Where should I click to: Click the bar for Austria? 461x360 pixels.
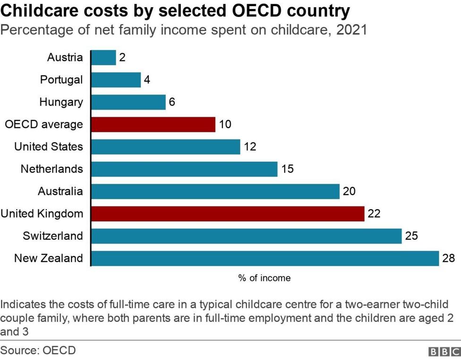point(103,58)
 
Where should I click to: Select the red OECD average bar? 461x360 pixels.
point(153,125)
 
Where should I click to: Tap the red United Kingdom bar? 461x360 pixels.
point(227,214)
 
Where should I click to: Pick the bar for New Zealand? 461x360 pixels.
point(265,258)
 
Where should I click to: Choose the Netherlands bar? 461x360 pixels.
point(184,169)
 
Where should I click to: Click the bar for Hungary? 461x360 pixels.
point(128,102)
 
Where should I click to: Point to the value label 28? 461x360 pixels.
point(449,258)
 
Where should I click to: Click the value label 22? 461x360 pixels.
point(374,214)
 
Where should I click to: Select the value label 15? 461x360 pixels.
point(287,169)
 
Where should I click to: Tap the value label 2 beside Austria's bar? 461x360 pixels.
point(122,58)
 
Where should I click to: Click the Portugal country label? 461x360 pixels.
point(61,80)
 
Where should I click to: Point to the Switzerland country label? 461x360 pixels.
point(52,236)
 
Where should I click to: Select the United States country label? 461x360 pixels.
point(48,146)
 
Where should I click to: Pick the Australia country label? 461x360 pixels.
point(60,191)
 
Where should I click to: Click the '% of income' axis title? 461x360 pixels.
point(264,278)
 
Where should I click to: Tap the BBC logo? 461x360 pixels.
point(444,351)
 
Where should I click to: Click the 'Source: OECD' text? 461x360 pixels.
point(38,351)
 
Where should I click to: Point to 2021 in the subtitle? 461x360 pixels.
point(351,30)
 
